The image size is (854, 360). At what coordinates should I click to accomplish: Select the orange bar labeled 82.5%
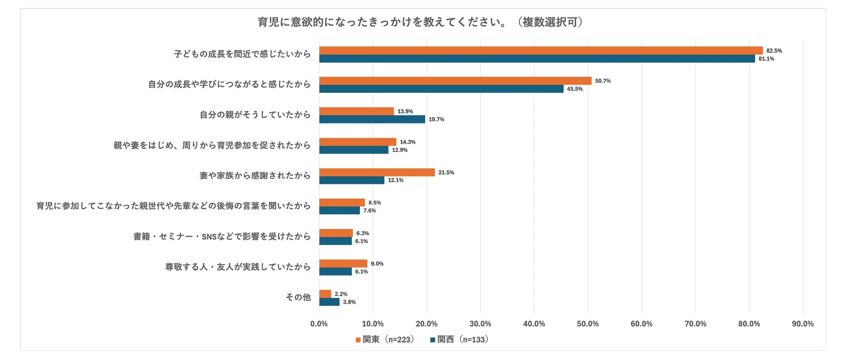[x=540, y=50]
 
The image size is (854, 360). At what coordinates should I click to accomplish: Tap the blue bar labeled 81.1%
[x=536, y=59]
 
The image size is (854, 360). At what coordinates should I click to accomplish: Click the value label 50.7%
[x=603, y=81]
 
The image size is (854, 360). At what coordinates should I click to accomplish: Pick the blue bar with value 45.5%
[x=441, y=89]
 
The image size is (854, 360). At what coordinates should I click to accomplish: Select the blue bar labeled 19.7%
[x=372, y=119]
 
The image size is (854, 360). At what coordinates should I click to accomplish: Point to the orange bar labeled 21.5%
[x=377, y=173]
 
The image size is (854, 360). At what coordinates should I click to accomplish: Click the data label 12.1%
[x=395, y=180]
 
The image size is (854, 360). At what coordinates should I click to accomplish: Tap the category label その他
[x=298, y=297]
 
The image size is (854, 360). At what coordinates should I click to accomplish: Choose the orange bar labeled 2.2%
[x=325, y=294]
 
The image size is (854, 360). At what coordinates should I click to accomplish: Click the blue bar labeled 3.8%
[x=329, y=302]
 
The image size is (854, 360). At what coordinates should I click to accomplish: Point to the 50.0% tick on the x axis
[x=588, y=324]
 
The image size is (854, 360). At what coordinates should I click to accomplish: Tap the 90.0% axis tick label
[x=803, y=324]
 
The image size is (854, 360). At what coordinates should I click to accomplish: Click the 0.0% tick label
[x=319, y=324]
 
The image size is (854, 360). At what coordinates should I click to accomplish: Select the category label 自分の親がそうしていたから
[x=255, y=115]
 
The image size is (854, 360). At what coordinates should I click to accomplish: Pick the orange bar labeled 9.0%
[x=343, y=264]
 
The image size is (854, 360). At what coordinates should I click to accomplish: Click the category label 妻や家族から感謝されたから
[x=255, y=176]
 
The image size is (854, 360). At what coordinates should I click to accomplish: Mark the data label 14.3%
[x=407, y=142]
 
